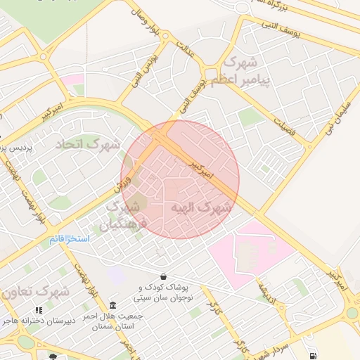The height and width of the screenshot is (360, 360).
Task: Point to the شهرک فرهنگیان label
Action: point(126,216)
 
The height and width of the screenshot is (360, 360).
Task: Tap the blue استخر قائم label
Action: point(69,239)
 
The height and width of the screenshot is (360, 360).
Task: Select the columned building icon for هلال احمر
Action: point(113,304)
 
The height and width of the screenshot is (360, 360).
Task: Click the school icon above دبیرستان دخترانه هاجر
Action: point(39,309)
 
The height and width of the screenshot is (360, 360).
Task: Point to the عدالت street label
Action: point(186,49)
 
